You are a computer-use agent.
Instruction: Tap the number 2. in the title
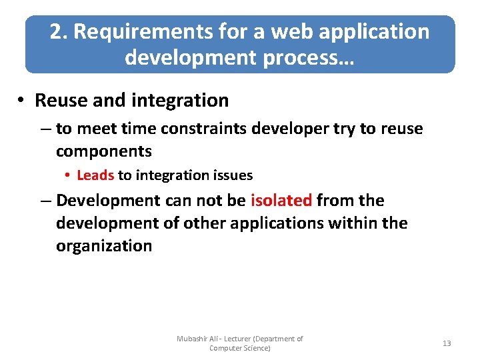coord(59,31)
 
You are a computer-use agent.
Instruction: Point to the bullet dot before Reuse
coord(22,101)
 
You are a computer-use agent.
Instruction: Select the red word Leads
coord(95,175)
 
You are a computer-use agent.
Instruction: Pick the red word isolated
coord(281,201)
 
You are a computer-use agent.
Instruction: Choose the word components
coord(103,151)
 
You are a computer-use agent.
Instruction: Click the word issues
coord(233,175)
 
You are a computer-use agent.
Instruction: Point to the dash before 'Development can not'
coord(47,201)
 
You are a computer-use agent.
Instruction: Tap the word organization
coord(103,246)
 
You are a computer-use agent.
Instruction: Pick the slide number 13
coord(447,343)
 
